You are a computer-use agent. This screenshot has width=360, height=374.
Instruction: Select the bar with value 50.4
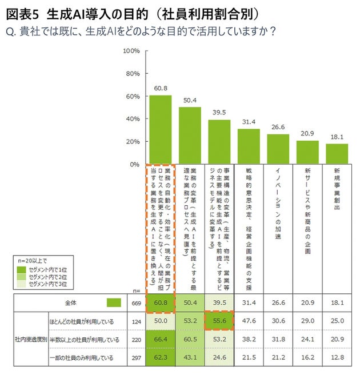tap(190, 136)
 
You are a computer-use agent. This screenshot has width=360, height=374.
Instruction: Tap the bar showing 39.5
tap(219, 142)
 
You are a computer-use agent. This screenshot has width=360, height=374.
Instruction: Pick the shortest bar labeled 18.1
tap(337, 154)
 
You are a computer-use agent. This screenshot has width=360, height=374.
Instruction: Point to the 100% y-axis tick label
tap(131, 51)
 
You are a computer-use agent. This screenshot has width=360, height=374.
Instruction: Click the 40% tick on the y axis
tap(133, 119)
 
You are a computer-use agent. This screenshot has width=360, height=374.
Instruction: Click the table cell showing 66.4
tap(160, 340)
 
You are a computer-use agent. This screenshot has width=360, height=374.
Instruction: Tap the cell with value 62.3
tap(160, 358)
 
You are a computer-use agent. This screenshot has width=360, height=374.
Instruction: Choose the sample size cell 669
tap(135, 303)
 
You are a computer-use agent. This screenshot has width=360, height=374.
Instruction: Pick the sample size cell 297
tap(135, 358)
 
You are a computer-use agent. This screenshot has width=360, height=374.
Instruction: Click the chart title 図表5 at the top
tap(22, 12)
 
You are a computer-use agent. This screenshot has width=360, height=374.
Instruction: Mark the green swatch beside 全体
tap(114, 303)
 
